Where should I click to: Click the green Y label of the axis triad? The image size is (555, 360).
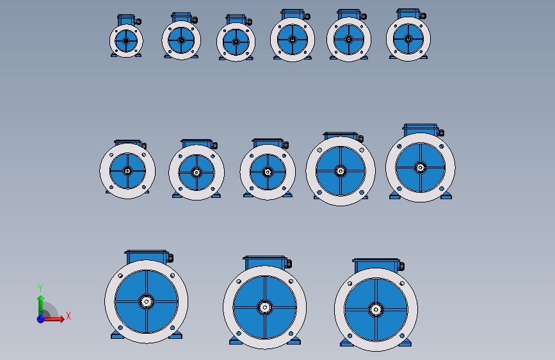[x=40, y=288]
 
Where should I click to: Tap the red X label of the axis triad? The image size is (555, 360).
[x=68, y=316]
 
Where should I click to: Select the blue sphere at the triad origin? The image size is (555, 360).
[x=41, y=319]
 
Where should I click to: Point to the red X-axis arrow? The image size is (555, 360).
[x=53, y=319]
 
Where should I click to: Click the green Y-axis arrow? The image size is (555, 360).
[x=41, y=305]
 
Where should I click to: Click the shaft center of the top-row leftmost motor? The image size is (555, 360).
[x=126, y=41]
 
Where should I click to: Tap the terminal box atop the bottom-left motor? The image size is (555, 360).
[x=146, y=256]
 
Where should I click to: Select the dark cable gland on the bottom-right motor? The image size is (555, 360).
[x=401, y=266]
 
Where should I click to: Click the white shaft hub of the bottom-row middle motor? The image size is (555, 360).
[x=265, y=307]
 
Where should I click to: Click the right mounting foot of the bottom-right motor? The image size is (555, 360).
[x=406, y=343]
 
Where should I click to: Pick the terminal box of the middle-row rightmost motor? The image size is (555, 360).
[x=421, y=129]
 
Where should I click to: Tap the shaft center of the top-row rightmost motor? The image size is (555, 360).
[x=408, y=38]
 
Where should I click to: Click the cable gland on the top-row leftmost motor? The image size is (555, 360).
[x=138, y=22]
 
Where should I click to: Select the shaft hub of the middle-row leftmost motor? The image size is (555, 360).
[x=127, y=171]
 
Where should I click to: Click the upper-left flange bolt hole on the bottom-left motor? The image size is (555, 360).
[x=120, y=275]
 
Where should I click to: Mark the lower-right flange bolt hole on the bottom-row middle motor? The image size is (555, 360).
[x=291, y=334]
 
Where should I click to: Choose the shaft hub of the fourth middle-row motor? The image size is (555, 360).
[x=341, y=171]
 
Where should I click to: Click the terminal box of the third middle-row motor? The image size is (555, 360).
[x=268, y=143]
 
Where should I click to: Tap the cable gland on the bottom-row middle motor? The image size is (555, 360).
[x=289, y=264]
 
